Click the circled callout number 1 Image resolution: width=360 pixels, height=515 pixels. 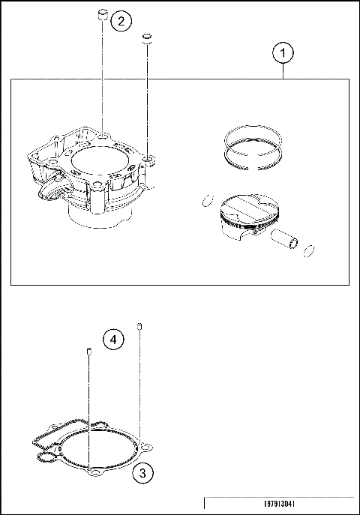pyautogui.click(x=283, y=53)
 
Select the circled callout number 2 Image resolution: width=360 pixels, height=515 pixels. pyautogui.click(x=121, y=21)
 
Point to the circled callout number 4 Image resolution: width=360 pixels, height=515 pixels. pyautogui.click(x=112, y=340)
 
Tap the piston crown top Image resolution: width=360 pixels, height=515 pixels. pyautogui.click(x=247, y=205)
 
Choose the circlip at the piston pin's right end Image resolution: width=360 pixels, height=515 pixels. pyautogui.click(x=308, y=249)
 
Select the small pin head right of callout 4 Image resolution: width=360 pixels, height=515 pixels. pyautogui.click(x=139, y=325)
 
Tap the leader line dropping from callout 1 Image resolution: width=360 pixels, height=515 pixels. pyautogui.click(x=283, y=71)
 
